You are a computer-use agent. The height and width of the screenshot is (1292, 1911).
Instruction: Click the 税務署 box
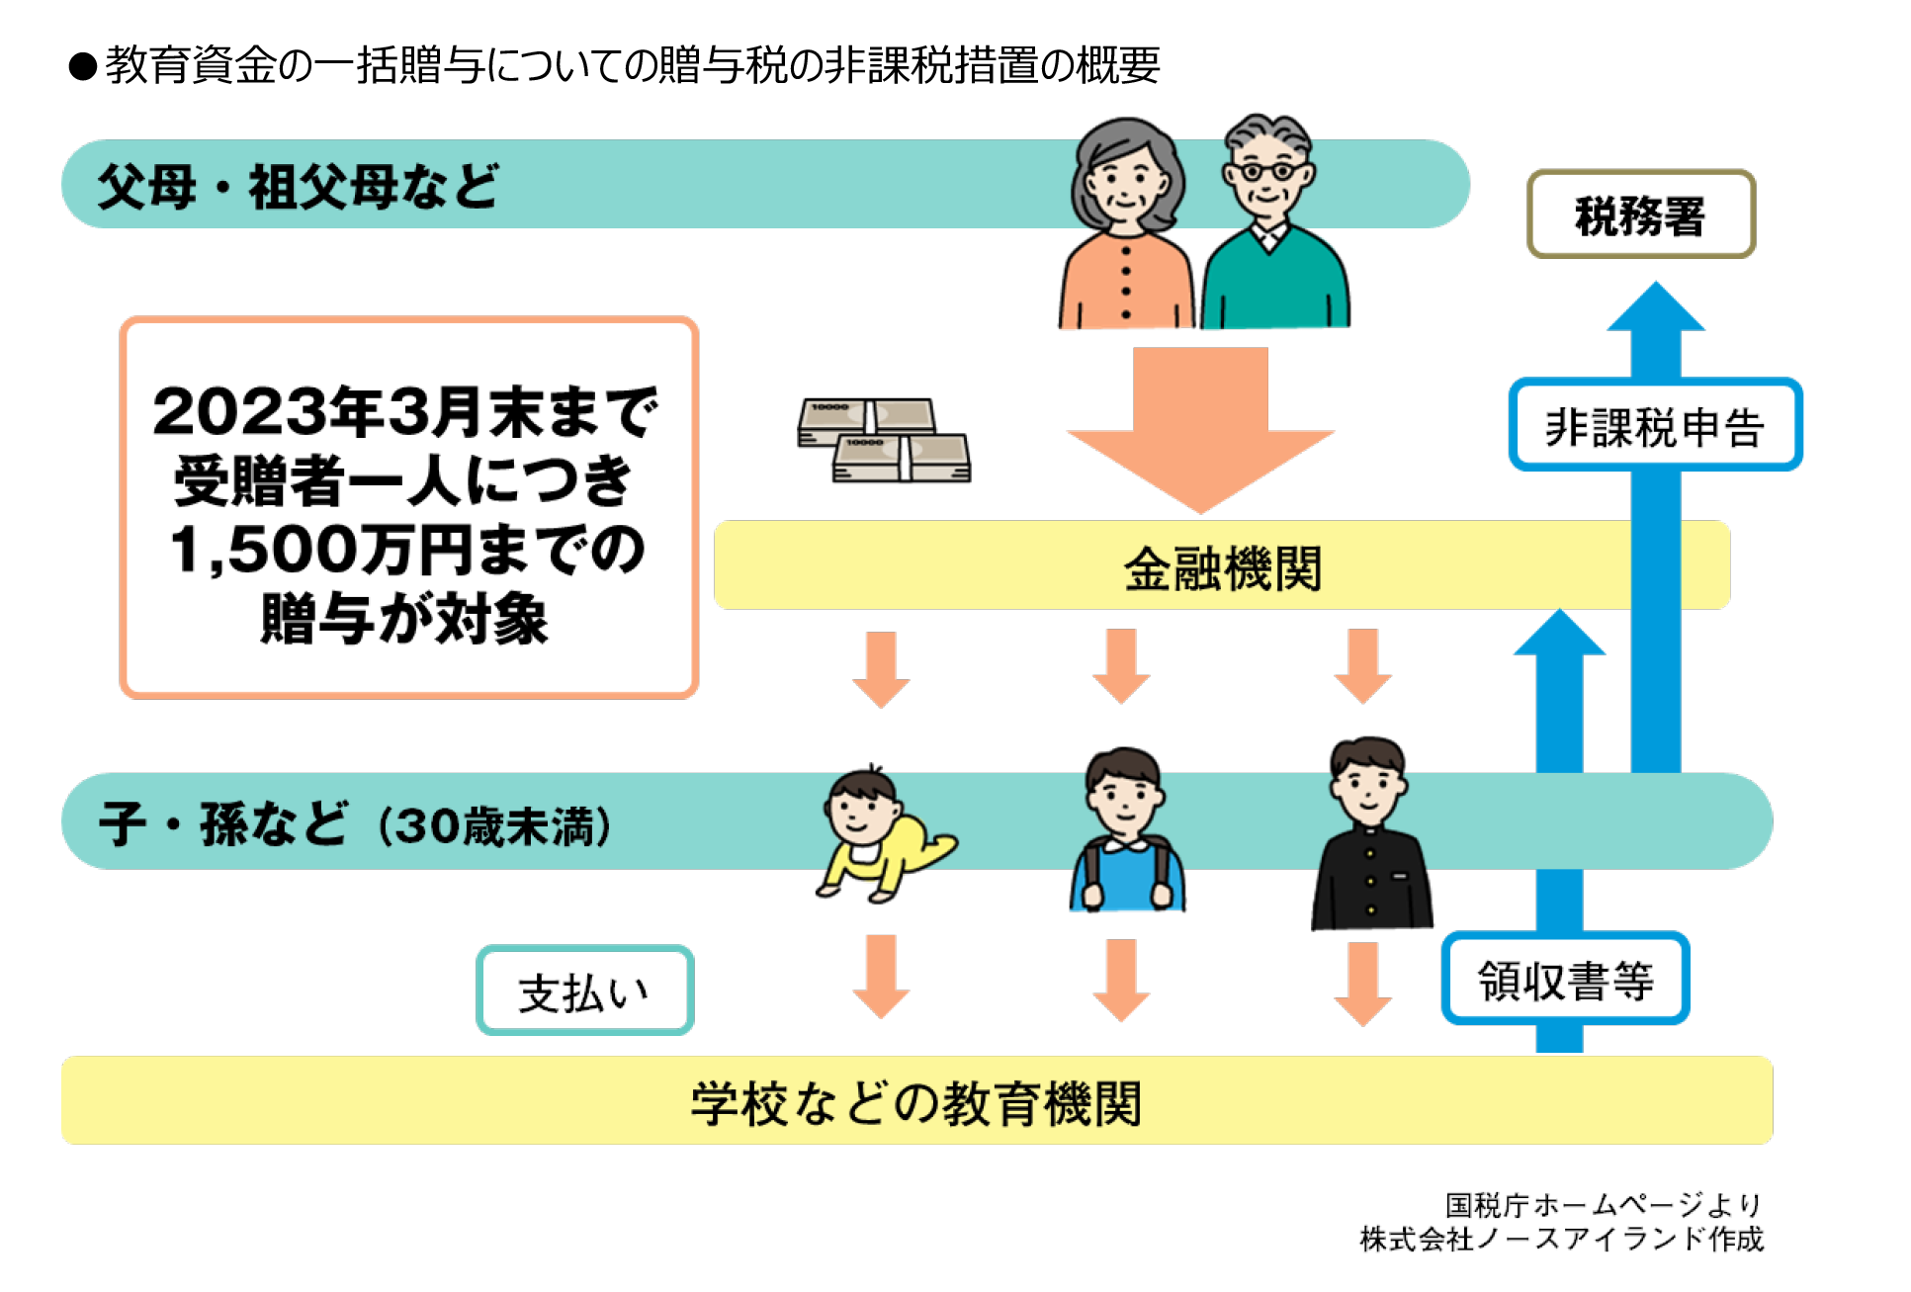tap(1640, 215)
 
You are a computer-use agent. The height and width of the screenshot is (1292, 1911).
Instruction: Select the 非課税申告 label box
tap(1655, 425)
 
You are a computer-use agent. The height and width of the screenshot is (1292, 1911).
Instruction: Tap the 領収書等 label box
tap(1565, 979)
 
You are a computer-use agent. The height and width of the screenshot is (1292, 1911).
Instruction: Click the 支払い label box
tap(584, 991)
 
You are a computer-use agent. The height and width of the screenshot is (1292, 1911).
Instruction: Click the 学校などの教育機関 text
tap(915, 1102)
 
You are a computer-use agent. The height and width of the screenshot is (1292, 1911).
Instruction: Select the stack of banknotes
tap(884, 440)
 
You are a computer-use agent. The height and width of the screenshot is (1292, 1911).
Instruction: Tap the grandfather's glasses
tap(1267, 171)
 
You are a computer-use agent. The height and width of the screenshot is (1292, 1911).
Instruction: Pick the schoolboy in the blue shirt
tap(1126, 830)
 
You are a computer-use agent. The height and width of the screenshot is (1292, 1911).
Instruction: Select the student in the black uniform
tap(1370, 835)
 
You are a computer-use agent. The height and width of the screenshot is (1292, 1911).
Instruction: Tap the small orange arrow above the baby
tap(881, 668)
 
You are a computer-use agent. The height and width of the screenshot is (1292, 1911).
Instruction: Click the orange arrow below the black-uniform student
tap(1362, 983)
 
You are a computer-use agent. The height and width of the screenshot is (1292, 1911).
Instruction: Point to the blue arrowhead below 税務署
tap(1656, 308)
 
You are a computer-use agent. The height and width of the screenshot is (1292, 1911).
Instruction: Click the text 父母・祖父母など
tap(298, 186)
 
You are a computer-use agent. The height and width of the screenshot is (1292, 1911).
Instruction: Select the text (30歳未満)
tap(494, 825)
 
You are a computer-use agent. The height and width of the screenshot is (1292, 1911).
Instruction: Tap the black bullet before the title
tap(83, 67)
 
